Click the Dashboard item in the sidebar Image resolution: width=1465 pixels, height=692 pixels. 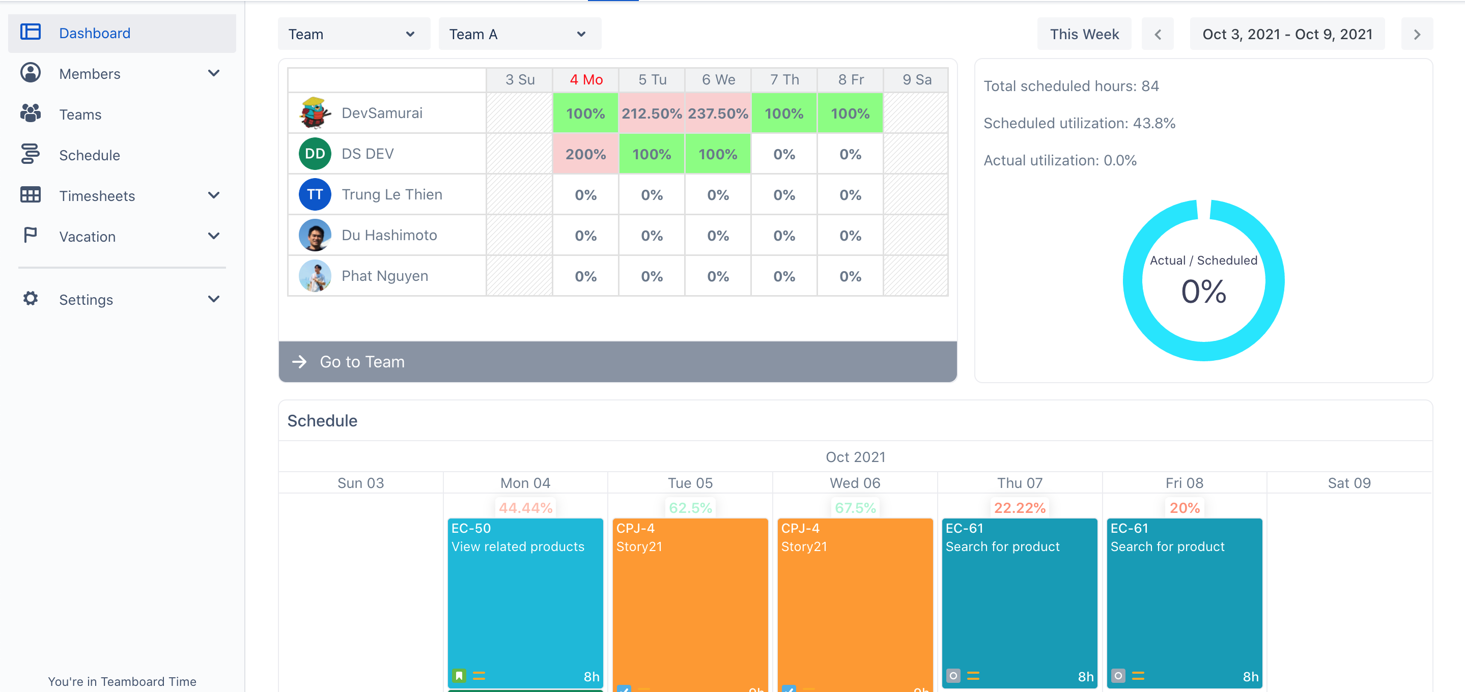(94, 33)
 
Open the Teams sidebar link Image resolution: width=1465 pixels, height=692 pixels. (80, 114)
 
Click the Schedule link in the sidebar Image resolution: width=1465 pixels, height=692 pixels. (89, 155)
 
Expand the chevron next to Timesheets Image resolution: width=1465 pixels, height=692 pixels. (213, 195)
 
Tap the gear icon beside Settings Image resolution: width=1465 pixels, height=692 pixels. (30, 299)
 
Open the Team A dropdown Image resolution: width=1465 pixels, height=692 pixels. (519, 34)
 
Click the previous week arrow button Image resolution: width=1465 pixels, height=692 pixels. (1158, 34)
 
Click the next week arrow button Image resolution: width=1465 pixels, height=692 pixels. (1416, 34)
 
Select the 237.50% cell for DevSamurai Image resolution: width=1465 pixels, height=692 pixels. (718, 113)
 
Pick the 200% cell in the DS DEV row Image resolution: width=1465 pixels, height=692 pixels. (585, 154)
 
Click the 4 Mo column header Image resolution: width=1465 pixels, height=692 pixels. (586, 79)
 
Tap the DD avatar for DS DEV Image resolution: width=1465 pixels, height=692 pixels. (315, 154)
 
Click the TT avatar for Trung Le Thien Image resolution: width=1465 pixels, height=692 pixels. (315, 194)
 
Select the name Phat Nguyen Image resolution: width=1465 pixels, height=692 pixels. (384, 276)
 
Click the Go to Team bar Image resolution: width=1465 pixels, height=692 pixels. (617, 362)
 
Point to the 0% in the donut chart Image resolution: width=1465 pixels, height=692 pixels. (1203, 291)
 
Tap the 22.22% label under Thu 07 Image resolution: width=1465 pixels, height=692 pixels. (1019, 508)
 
